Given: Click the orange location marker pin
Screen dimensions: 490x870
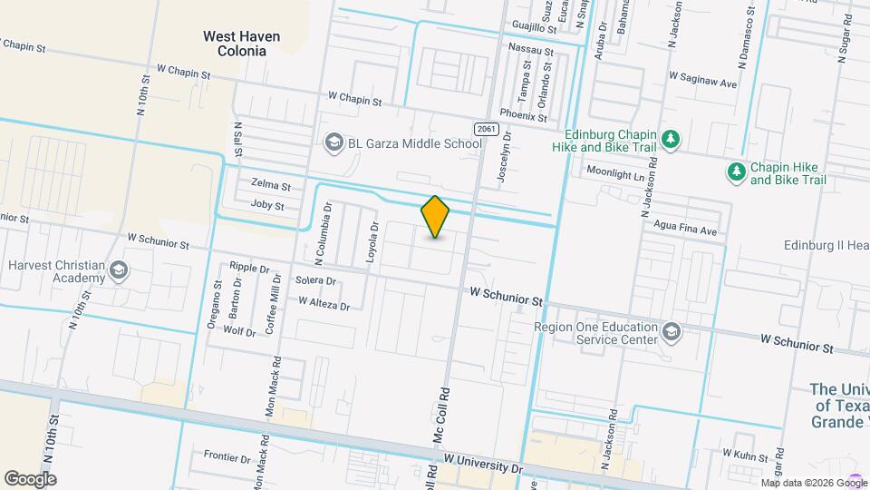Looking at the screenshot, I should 436,217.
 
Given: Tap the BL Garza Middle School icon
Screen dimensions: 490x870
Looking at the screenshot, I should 333,143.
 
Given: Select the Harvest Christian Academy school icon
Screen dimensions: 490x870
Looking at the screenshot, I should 118,270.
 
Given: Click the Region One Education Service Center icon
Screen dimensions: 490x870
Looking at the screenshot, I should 671,332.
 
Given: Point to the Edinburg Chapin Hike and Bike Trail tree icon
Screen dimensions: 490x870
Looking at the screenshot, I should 671,140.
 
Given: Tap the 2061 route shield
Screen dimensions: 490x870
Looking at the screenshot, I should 486,129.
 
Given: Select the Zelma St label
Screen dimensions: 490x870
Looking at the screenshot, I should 271,186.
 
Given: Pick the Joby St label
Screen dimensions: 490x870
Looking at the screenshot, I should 267,206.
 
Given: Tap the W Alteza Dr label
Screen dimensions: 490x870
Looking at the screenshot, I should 324,304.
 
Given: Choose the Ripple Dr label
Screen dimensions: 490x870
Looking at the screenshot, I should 250,268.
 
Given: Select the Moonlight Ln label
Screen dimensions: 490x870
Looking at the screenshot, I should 620,171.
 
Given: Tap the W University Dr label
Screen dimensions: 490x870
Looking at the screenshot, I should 484,465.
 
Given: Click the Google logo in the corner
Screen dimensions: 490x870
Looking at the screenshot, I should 31,478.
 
